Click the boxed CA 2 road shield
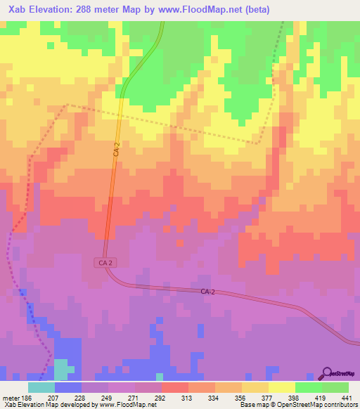click(x=103, y=261)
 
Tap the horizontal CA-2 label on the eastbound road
click(x=207, y=291)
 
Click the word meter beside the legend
click(x=10, y=397)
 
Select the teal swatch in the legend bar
click(x=41, y=387)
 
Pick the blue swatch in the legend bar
click(x=67, y=387)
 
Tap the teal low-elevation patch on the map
click(x=61, y=370)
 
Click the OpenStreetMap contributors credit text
click(x=318, y=405)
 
